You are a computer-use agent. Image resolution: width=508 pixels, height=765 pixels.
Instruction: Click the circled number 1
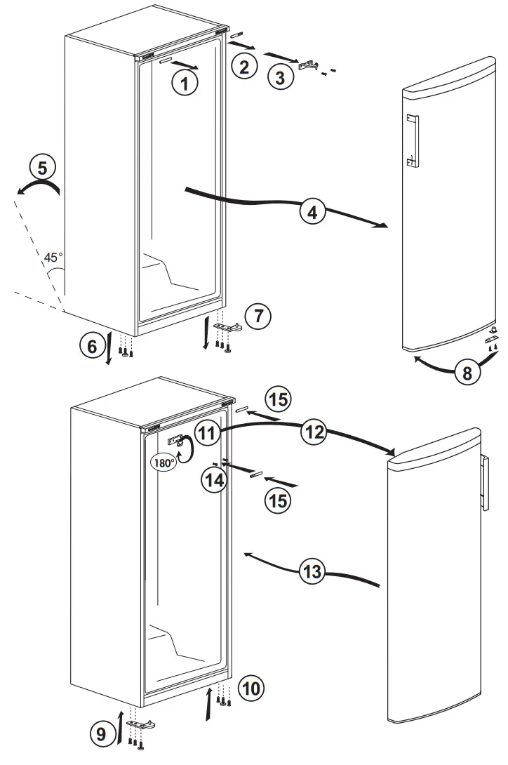coord(184,84)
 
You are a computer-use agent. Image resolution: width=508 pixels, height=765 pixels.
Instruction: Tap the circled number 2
coord(243,68)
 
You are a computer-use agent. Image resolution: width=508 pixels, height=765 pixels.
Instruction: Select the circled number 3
coord(280,78)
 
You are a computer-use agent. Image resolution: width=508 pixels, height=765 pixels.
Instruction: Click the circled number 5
coord(41,168)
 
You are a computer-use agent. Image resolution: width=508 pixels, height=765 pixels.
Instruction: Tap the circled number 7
coord(258,316)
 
